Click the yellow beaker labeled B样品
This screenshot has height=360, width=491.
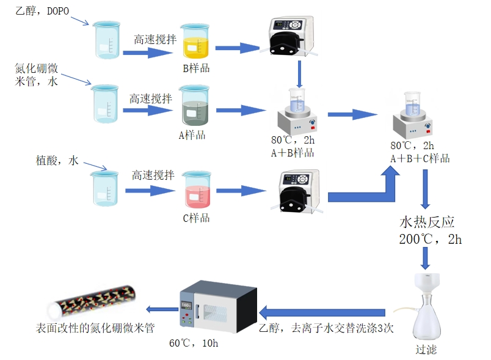[x=195, y=43]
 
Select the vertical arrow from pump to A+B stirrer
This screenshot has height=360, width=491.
[x=300, y=73]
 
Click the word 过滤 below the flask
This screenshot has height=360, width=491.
[x=426, y=350]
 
